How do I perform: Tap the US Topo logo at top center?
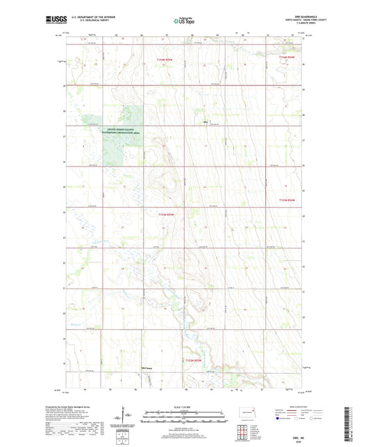[x=185, y=21]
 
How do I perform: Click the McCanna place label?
[x=146, y=369]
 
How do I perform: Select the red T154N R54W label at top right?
[x=287, y=57]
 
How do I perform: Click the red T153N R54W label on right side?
[x=287, y=200]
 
